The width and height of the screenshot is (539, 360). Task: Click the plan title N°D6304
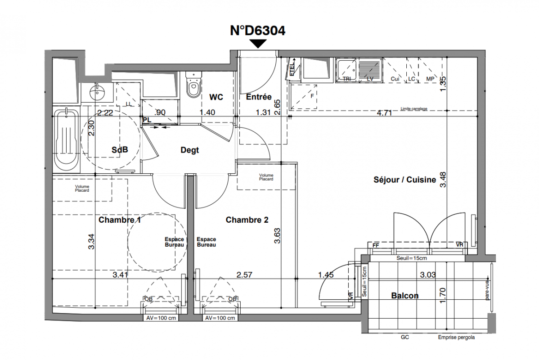click(257, 30)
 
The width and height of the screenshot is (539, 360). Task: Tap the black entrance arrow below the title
click(258, 44)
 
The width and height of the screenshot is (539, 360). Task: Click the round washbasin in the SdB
click(97, 92)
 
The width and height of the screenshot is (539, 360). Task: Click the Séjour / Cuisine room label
click(404, 180)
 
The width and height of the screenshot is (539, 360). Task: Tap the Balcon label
click(404, 296)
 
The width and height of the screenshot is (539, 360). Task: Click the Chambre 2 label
click(247, 220)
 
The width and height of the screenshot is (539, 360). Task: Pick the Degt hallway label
click(189, 150)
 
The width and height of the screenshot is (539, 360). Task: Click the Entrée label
click(259, 97)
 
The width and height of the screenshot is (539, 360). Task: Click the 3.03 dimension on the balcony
click(427, 274)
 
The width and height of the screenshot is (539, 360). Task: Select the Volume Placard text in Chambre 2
click(266, 177)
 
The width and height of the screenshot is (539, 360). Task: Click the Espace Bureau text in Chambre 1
click(174, 242)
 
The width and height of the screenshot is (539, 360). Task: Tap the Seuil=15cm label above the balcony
click(411, 259)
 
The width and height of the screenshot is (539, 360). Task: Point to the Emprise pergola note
click(456, 337)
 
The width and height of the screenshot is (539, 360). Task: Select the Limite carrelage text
click(413, 108)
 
